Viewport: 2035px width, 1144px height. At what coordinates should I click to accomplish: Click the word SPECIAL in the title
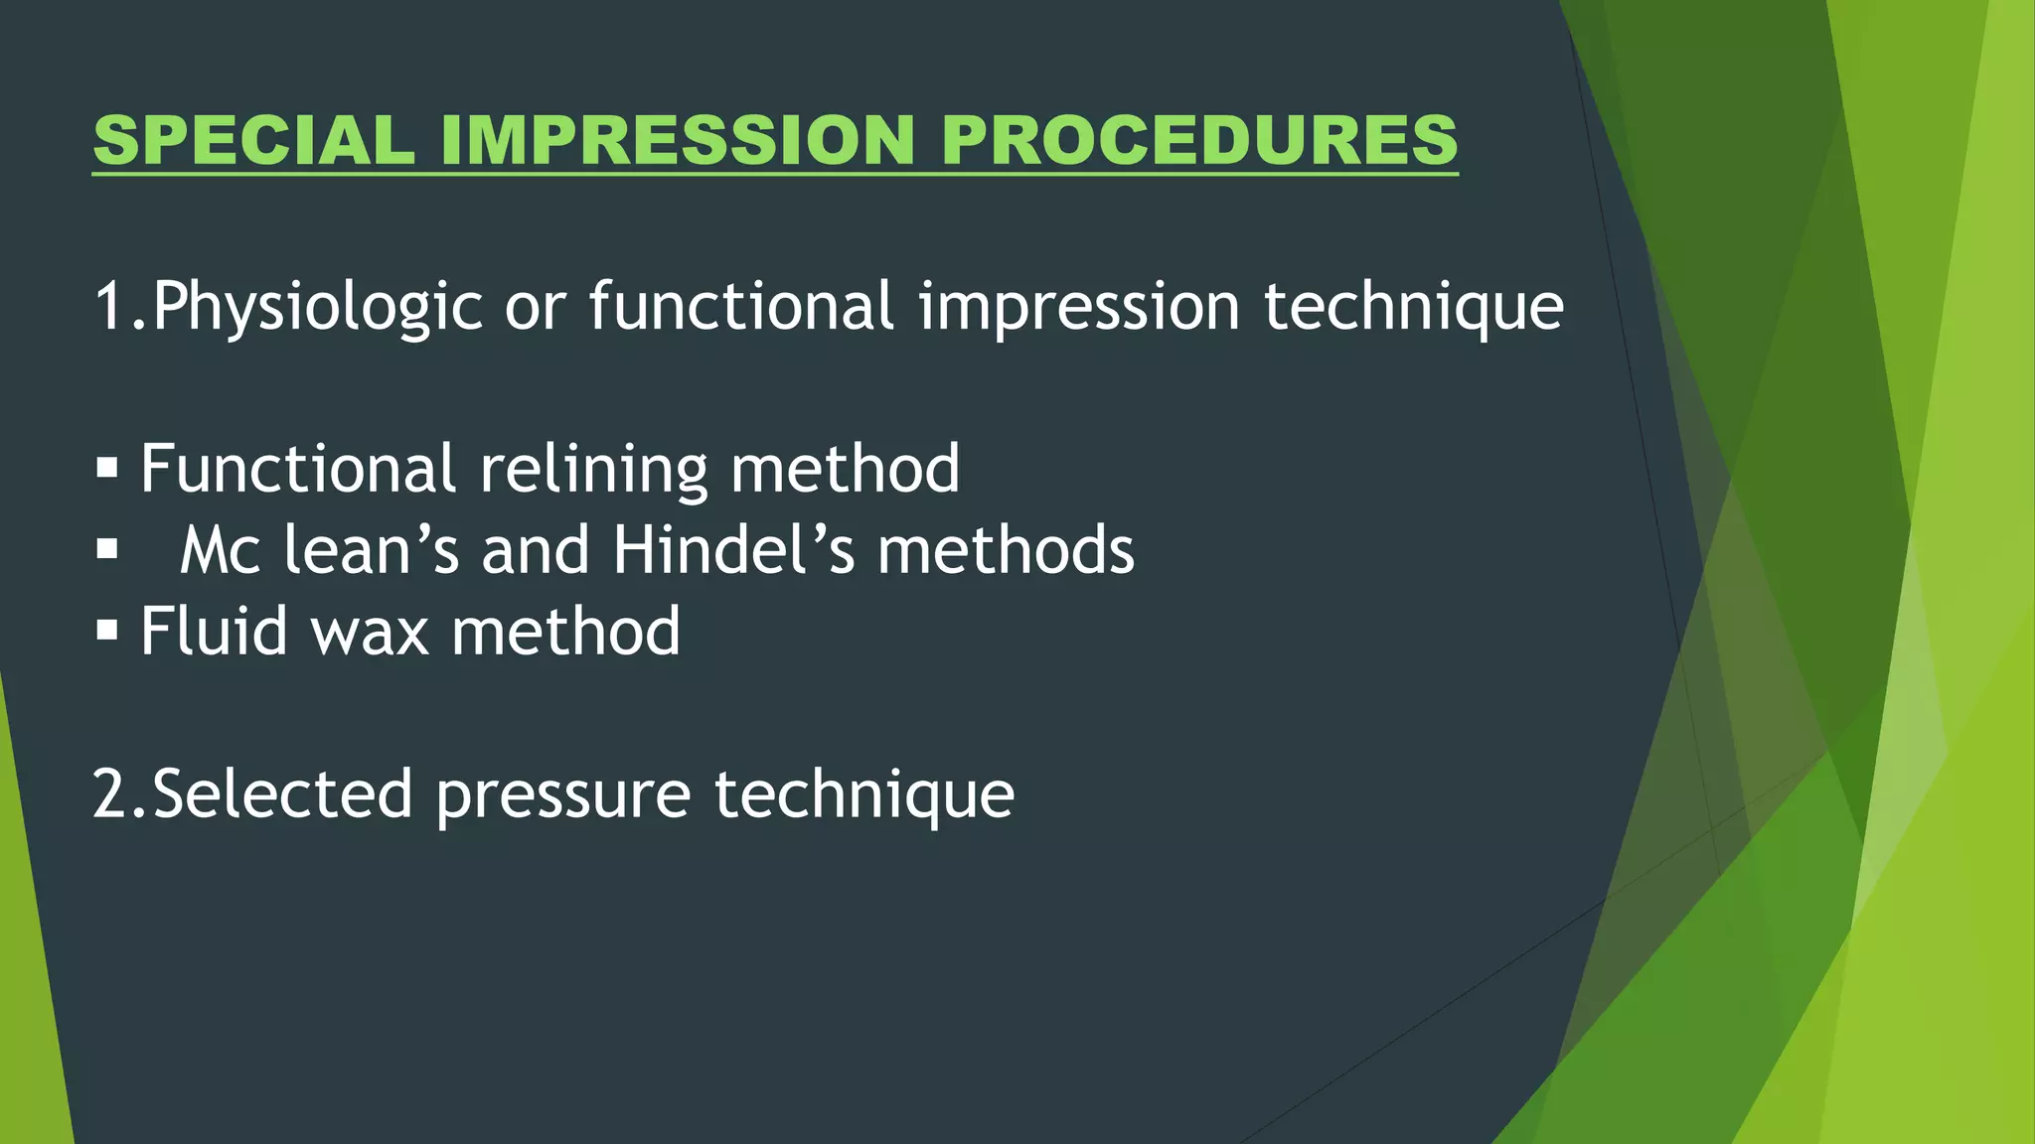(x=253, y=140)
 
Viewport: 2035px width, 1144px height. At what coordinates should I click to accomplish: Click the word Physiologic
(x=317, y=307)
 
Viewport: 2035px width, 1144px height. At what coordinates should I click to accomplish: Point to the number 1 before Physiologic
(x=108, y=307)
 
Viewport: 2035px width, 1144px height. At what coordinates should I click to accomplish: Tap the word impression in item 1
(x=1079, y=307)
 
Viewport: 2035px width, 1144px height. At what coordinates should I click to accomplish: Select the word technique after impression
(x=1413, y=307)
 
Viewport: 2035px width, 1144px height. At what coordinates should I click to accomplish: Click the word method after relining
(x=845, y=469)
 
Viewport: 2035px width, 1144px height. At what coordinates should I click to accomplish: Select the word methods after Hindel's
(x=1005, y=549)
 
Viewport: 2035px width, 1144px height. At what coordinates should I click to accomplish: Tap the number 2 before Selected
(x=110, y=794)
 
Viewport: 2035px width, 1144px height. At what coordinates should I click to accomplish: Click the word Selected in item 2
(x=282, y=794)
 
